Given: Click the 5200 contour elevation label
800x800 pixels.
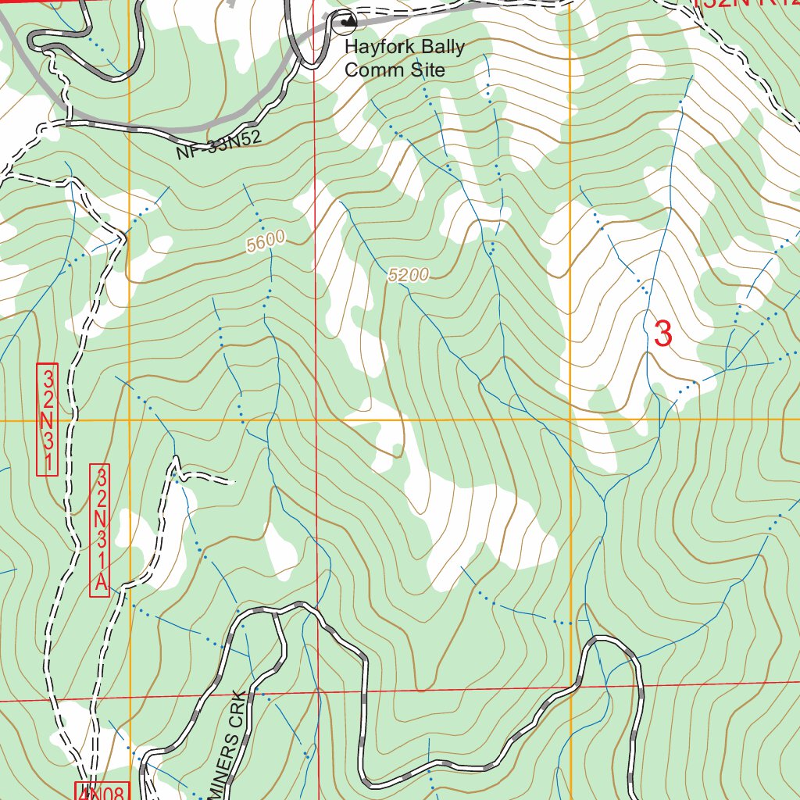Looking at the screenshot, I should [408, 274].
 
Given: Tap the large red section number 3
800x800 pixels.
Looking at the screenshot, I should [662, 334].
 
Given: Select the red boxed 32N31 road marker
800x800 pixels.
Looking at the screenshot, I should [48, 419].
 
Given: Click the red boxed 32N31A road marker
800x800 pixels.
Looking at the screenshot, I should [99, 531].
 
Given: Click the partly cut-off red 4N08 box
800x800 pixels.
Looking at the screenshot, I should [101, 791].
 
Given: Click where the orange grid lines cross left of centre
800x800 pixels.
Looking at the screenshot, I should [129, 420].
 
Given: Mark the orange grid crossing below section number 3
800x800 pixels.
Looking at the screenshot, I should [570, 420].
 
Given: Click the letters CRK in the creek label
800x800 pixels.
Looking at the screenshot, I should [239, 707].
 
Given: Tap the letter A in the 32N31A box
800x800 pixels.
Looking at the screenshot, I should [99, 582].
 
